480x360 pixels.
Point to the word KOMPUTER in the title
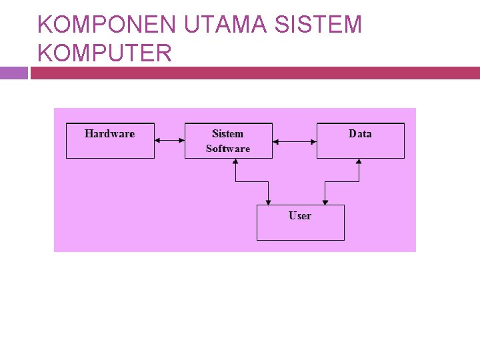pos(105,53)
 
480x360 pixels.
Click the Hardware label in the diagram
pos(110,134)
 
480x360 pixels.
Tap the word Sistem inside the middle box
pos(228,134)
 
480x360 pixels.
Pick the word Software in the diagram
pos(228,149)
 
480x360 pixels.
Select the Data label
pos(360,134)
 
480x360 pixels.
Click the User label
pos(300,215)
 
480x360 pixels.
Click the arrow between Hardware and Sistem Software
pos(169,141)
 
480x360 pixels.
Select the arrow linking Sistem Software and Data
pos(295,141)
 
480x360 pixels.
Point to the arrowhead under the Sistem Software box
pos(235,162)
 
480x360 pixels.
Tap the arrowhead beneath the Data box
pos(359,162)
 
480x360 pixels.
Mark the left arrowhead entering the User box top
pos(268,201)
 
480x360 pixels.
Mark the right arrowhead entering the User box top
pos(325,201)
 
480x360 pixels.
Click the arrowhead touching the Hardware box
pos(157,141)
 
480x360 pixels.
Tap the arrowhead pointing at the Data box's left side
pos(313,141)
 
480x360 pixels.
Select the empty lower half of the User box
pos(301,231)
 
